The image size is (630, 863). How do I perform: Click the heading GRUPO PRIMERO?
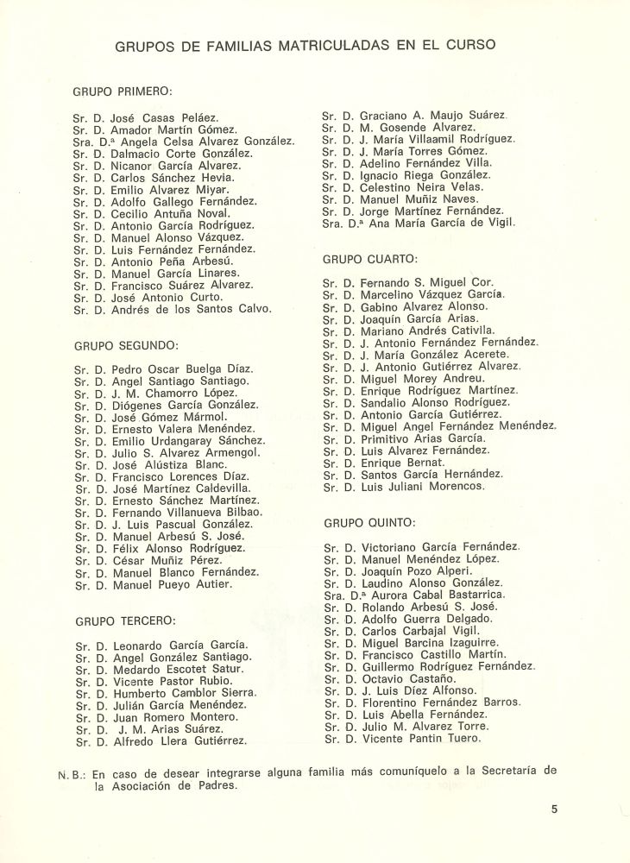[123, 90]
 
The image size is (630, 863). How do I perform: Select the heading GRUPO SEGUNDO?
[125, 345]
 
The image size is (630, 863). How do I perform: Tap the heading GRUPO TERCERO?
[125, 620]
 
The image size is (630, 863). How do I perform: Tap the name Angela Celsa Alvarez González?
[208, 142]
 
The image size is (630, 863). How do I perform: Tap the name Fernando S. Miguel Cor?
[438, 283]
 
